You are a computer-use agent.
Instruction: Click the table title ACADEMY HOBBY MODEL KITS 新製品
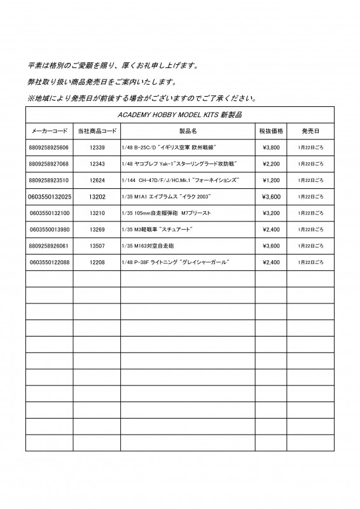pyautogui.click(x=179, y=115)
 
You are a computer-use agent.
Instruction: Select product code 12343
pyautogui.click(x=97, y=164)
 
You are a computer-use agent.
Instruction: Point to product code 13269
pyautogui.click(x=97, y=229)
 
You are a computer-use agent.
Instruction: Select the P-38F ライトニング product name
pyautogui.click(x=174, y=262)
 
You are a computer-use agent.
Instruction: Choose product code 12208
pyautogui.click(x=97, y=262)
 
